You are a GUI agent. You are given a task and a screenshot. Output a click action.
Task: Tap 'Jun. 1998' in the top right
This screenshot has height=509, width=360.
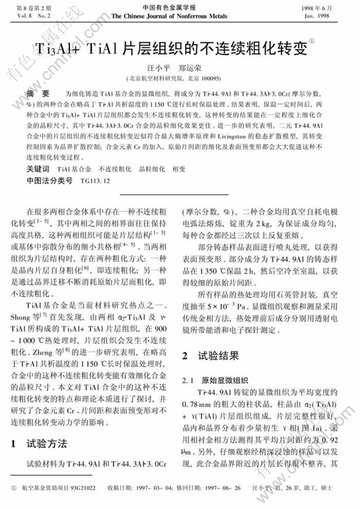(x=330, y=16)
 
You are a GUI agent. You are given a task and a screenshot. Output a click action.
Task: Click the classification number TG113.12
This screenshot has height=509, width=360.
(x=95, y=181)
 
